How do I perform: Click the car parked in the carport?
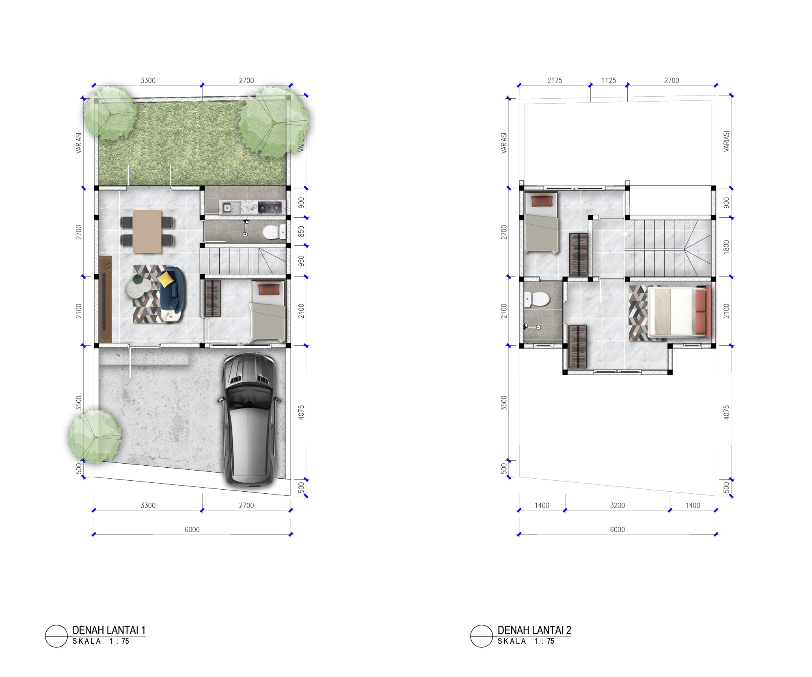click(x=249, y=420)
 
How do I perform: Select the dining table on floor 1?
click(x=147, y=231)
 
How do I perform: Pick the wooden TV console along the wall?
click(x=105, y=299)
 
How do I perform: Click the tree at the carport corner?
click(x=95, y=436)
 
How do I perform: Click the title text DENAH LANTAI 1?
click(x=109, y=630)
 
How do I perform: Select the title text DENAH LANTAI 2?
click(x=534, y=630)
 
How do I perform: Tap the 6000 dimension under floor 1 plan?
click(x=192, y=529)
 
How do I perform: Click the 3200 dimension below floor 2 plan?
click(x=618, y=506)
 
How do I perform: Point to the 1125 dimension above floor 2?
click(x=609, y=80)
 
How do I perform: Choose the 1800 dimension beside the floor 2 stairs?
click(x=726, y=247)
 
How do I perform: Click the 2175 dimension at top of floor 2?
click(x=555, y=80)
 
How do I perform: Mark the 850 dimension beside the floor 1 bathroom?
click(x=301, y=232)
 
